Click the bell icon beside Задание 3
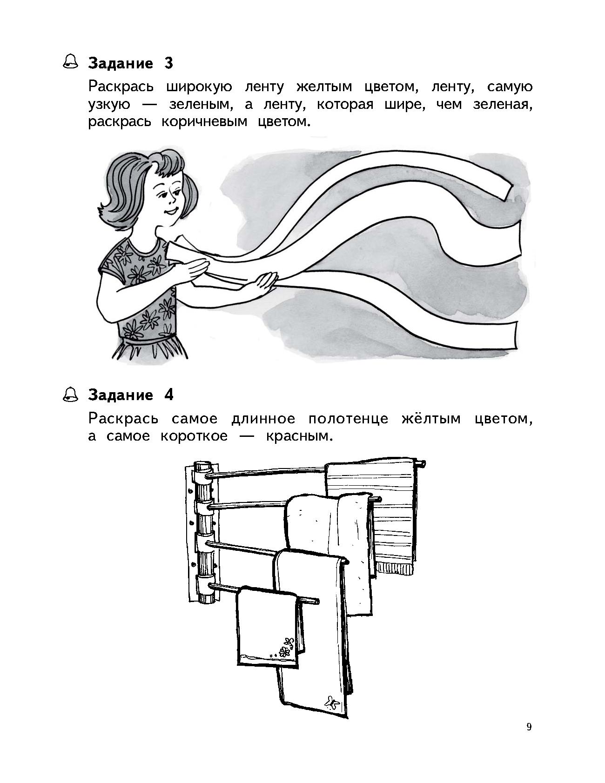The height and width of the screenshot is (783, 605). [x=71, y=62]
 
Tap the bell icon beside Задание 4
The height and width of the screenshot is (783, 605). [x=71, y=394]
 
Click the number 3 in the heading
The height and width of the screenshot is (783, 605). [x=168, y=63]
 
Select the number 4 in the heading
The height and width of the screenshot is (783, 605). [x=169, y=395]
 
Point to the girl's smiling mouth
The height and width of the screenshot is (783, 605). [x=171, y=212]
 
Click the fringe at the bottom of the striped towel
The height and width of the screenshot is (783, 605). [x=394, y=568]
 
